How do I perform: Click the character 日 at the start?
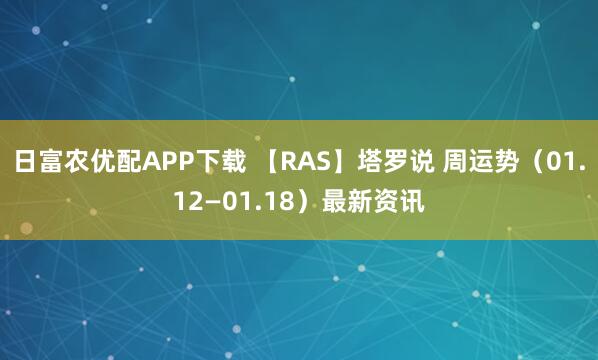point(26,162)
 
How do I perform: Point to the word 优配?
point(123,162)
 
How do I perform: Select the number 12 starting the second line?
point(188,204)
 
